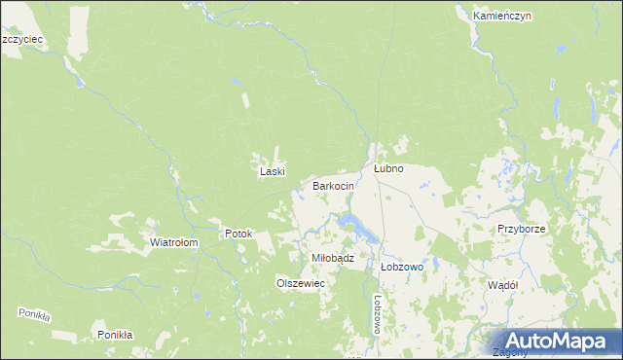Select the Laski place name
point(271,171)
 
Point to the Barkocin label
point(333,185)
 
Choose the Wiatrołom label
point(174,242)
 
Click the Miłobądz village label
point(331,257)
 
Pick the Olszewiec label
point(300,281)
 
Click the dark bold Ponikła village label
point(115,335)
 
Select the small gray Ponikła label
point(34,314)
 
